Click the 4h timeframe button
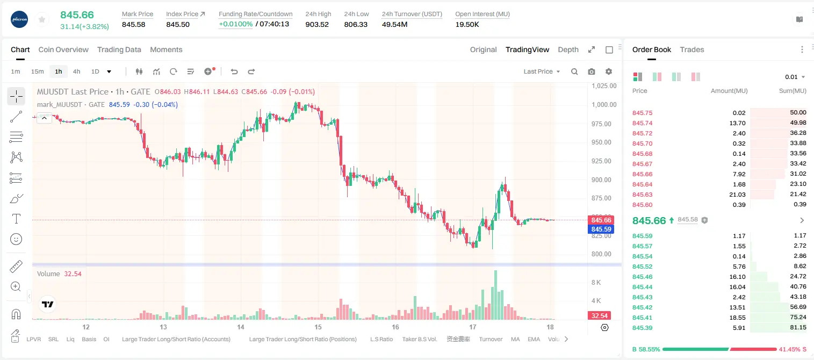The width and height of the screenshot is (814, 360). pyautogui.click(x=76, y=71)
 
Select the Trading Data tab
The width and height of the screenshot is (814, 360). pyautogui.click(x=119, y=49)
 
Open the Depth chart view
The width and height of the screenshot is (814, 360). pyautogui.click(x=568, y=49)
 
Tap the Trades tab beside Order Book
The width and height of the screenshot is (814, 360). pyautogui.click(x=692, y=49)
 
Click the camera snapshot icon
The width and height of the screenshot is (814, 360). pyautogui.click(x=592, y=71)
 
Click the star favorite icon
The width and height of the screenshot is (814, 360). pyautogui.click(x=42, y=19)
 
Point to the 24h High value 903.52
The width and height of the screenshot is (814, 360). pyautogui.click(x=317, y=24)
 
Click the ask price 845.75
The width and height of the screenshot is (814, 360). pyautogui.click(x=642, y=113)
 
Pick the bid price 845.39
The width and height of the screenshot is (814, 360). pyautogui.click(x=642, y=328)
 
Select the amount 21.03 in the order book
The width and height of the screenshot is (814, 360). pyautogui.click(x=737, y=195)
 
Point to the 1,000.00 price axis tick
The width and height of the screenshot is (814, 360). pyautogui.click(x=604, y=105)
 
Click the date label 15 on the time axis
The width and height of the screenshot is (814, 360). pyautogui.click(x=318, y=327)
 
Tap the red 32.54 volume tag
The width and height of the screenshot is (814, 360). pyautogui.click(x=599, y=316)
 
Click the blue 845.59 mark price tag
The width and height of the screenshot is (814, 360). pyautogui.click(x=601, y=229)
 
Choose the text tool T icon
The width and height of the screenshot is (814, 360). pyautogui.click(x=16, y=219)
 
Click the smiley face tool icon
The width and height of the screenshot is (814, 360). pyautogui.click(x=16, y=239)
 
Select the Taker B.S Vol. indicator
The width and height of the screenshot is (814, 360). pyautogui.click(x=419, y=339)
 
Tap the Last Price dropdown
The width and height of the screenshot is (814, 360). pyautogui.click(x=542, y=71)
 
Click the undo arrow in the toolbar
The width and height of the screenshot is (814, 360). pyautogui.click(x=234, y=71)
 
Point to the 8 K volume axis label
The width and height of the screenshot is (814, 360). pyautogui.click(x=596, y=282)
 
